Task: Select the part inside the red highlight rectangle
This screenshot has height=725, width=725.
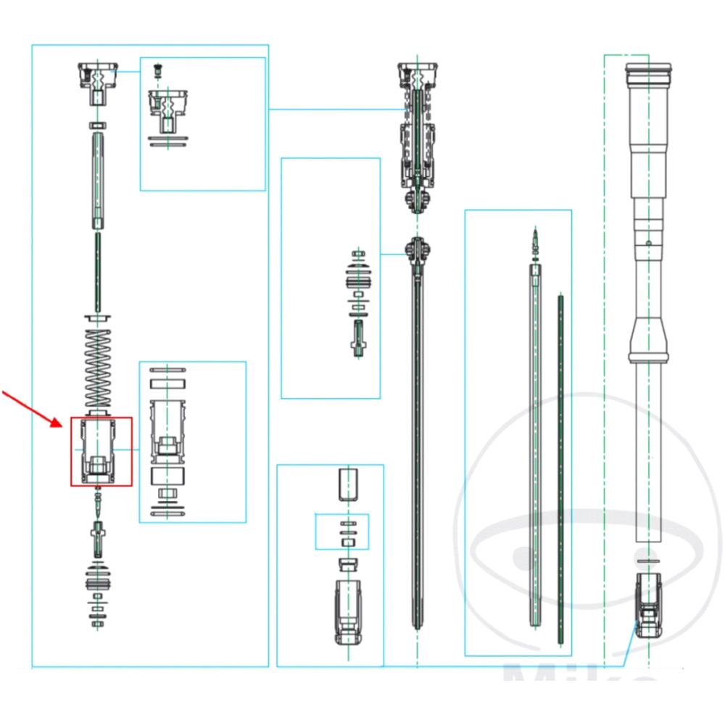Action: click(101, 451)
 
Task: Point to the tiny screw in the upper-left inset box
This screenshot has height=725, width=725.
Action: click(157, 71)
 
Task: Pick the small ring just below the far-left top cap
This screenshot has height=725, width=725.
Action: click(97, 125)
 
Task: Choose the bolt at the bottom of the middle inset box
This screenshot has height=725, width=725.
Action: click(356, 339)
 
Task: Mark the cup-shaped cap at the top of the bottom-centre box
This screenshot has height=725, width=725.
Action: click(349, 484)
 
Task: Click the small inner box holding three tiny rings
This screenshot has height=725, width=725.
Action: click(341, 531)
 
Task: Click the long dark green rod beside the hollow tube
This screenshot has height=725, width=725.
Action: click(560, 468)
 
